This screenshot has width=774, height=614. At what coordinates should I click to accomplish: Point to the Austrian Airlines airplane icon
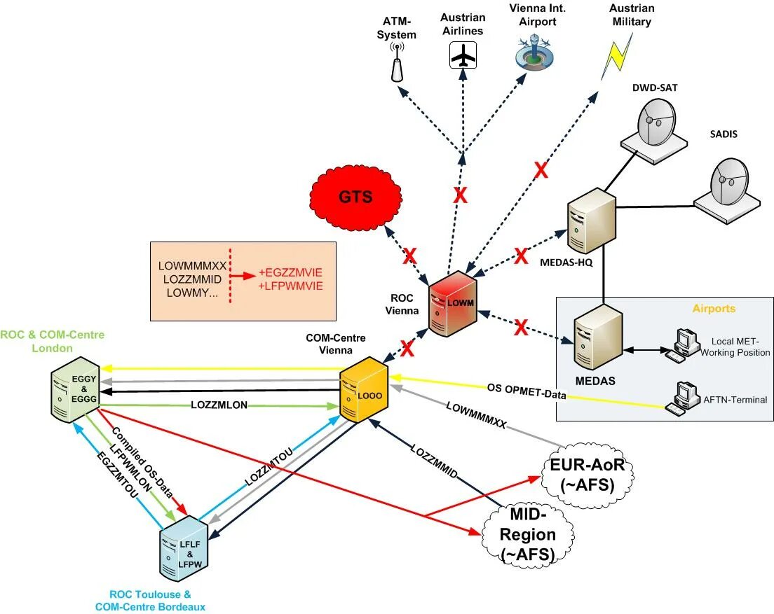click(463, 55)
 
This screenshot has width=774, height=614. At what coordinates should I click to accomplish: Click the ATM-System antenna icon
click(397, 63)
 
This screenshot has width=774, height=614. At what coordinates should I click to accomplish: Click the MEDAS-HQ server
click(590, 221)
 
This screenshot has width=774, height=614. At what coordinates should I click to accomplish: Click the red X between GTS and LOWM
click(409, 257)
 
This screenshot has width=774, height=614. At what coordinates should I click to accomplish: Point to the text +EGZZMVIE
click(290, 272)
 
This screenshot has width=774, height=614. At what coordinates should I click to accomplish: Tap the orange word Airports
click(714, 309)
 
